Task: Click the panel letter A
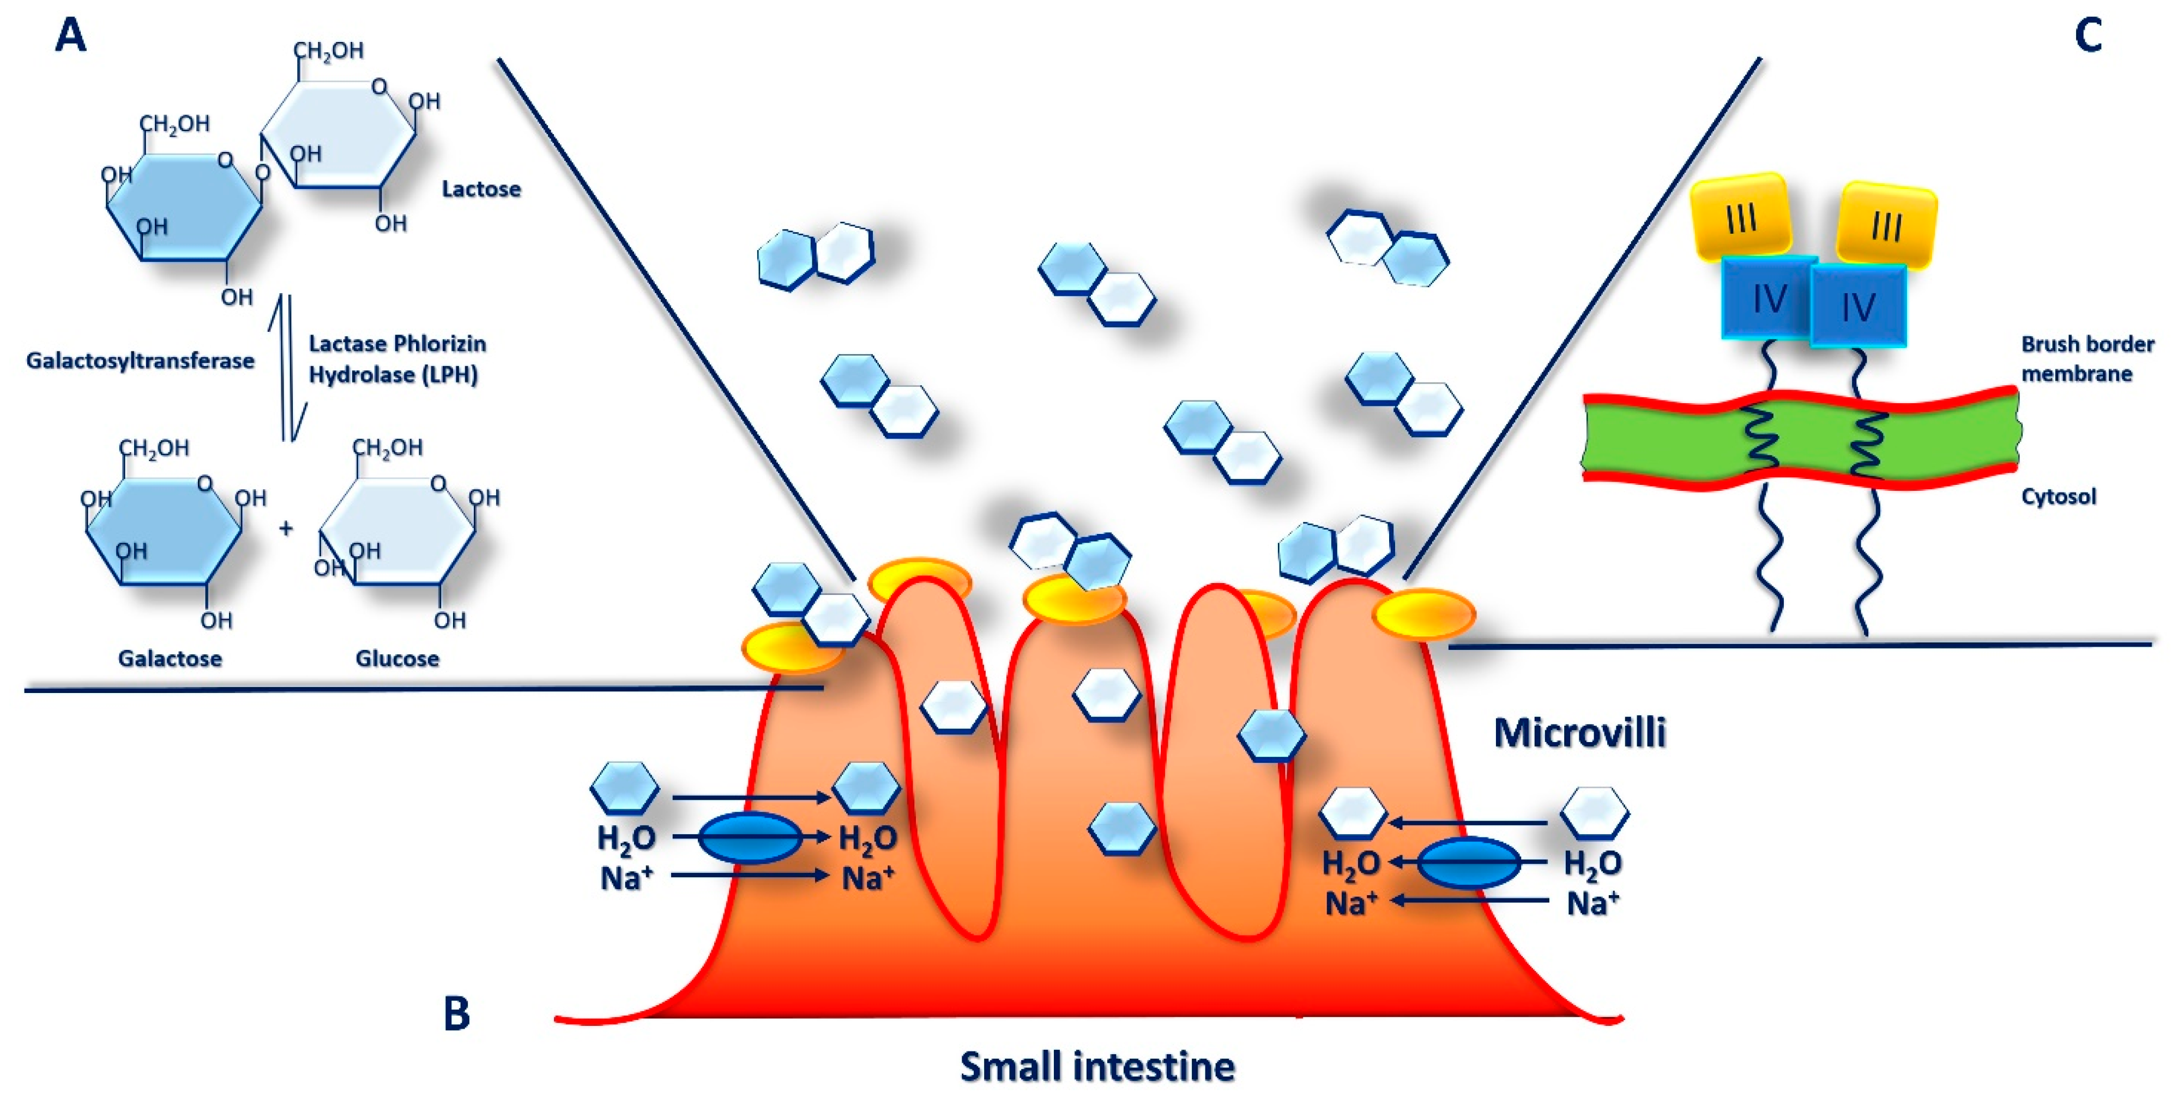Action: pos(71,37)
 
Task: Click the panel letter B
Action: pos(456,1013)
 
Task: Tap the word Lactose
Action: pos(481,189)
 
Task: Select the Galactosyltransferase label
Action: pos(140,361)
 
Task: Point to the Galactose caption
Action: pos(170,658)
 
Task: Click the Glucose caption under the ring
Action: pos(397,658)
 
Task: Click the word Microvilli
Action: pos(1579,732)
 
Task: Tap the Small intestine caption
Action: pos(1097,1066)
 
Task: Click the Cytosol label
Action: pos(2058,496)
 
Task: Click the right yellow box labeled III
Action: pos(1886,225)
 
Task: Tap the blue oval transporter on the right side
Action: pos(1468,863)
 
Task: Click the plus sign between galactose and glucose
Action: pos(286,528)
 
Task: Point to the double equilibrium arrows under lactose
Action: pos(287,368)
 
